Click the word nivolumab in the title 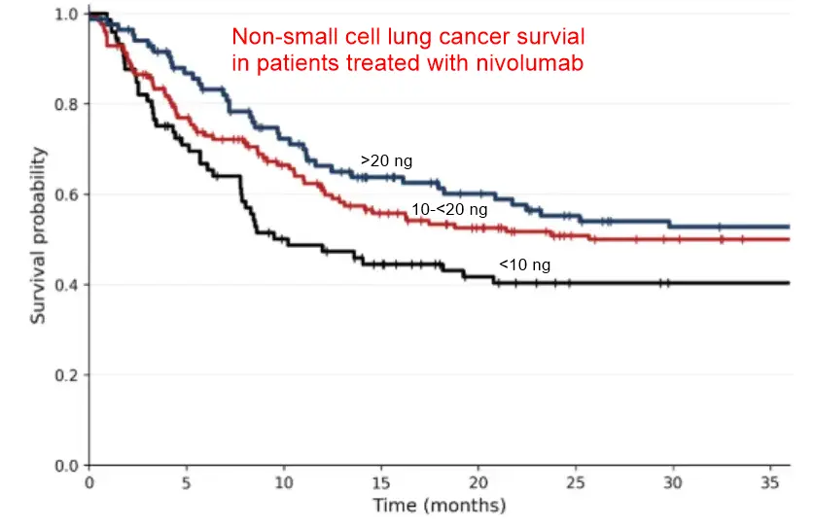click(549, 62)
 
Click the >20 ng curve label click(386, 160)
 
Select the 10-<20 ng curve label click(449, 208)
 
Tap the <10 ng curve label click(526, 264)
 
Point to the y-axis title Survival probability click(38, 235)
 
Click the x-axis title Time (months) click(439, 506)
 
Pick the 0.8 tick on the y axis click(66, 104)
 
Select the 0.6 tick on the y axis click(66, 194)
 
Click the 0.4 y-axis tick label click(66, 285)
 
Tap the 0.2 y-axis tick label click(66, 375)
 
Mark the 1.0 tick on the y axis click(66, 15)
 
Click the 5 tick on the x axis click(186, 482)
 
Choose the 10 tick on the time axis click(283, 482)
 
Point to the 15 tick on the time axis click(380, 482)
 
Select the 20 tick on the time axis click(478, 482)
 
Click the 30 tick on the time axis click(671, 482)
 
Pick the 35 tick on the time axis click(768, 482)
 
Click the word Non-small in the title click(273, 38)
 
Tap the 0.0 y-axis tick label click(66, 465)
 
